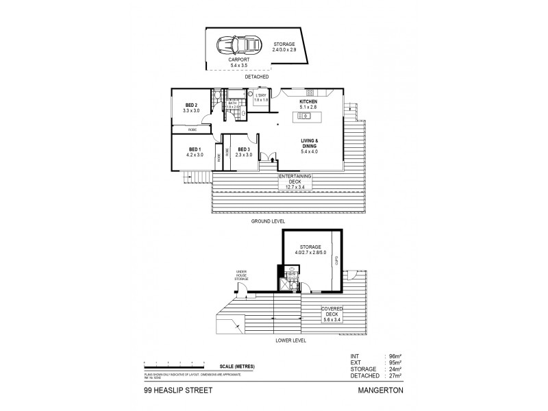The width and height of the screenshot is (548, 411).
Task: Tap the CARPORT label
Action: pyautogui.click(x=239, y=62)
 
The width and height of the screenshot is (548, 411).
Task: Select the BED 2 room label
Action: pyautogui.click(x=190, y=107)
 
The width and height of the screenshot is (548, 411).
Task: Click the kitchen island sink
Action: pyautogui.click(x=306, y=117)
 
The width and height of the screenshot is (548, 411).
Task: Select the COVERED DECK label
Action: pyautogui.click(x=336, y=312)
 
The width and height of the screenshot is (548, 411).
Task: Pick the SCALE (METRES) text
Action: pyautogui.click(x=238, y=366)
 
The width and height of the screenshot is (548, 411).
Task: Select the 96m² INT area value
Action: pyautogui.click(x=393, y=356)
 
